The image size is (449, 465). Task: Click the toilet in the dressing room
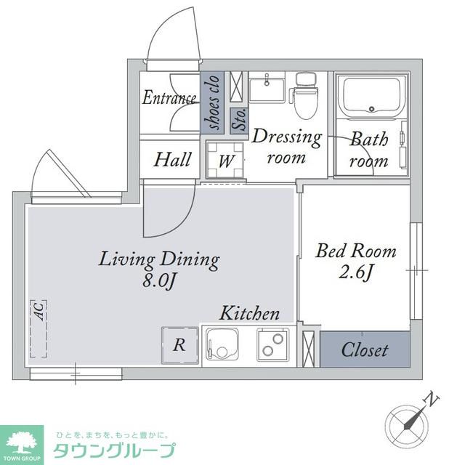coord(306,96)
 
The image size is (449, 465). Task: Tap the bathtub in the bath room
coord(371,97)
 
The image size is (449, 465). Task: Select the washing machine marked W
coord(225,160)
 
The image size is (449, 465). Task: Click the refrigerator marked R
coord(179,345)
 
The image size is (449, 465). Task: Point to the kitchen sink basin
coord(222,344)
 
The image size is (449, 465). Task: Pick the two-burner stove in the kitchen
coord(273,344)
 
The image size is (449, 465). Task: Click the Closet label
coord(365,350)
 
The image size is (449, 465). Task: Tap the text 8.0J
coord(160,280)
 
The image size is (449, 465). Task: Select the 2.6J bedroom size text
coord(355,272)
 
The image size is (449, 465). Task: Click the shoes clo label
coord(213,102)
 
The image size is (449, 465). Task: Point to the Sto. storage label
coord(240,119)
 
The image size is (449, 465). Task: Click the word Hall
coord(172,160)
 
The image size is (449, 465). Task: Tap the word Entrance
coord(169,97)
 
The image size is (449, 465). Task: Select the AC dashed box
coord(39,329)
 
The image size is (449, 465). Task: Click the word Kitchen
coord(249,313)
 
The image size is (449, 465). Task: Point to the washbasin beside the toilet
coord(267,87)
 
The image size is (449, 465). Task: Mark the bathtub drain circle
coord(372,109)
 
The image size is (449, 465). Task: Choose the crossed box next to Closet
coord(309,349)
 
